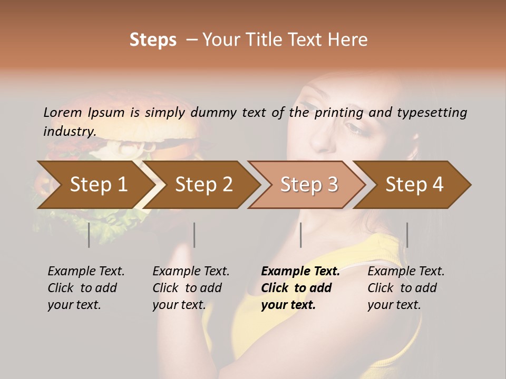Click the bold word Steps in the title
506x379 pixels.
pos(153,40)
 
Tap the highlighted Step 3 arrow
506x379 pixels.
pos(309,184)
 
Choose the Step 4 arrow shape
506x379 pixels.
pos(414,184)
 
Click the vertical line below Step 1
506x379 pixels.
pos(89,235)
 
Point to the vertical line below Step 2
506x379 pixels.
pos(194,235)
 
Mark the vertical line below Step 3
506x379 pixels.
pos(300,235)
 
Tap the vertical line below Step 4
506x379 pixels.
pos(407,235)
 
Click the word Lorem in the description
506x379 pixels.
pos(63,112)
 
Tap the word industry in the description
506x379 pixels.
pos(69,131)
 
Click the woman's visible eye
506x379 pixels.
pos(354,127)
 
